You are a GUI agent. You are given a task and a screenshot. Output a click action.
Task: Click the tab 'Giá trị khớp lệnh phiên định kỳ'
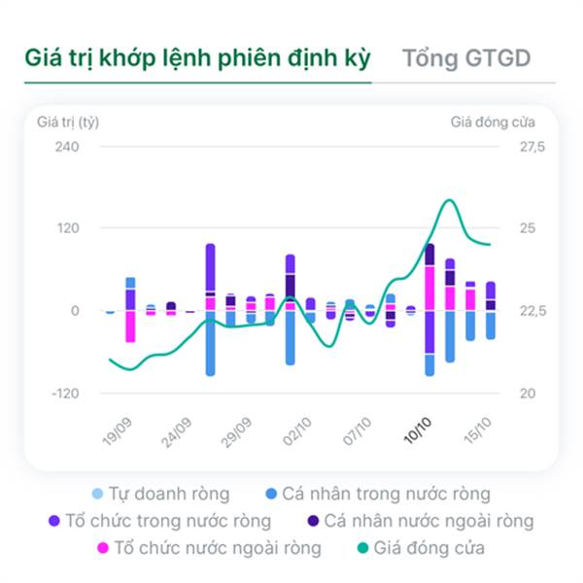click(197, 57)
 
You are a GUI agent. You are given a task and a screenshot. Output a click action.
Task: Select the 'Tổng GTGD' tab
click(466, 57)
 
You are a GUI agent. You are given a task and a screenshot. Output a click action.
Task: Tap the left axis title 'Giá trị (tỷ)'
click(68, 122)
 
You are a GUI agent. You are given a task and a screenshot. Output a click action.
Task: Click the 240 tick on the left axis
click(66, 147)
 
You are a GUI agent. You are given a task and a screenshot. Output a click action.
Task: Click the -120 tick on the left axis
click(64, 394)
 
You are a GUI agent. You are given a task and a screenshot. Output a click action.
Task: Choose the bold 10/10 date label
click(418, 429)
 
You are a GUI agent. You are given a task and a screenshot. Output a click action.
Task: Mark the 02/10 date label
click(298, 429)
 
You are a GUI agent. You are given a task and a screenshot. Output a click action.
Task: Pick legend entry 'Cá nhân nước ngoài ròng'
click(429, 522)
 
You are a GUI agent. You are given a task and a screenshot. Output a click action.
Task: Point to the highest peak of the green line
click(449, 201)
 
